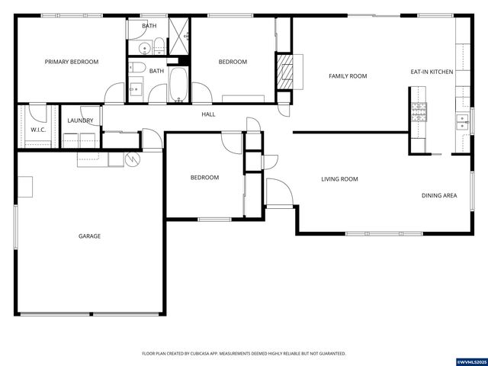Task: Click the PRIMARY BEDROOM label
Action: pyautogui.click(x=71, y=62)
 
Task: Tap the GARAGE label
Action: pyautogui.click(x=89, y=236)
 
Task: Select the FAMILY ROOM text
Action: pyautogui.click(x=348, y=76)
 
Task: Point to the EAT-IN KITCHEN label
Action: pyautogui.click(x=432, y=72)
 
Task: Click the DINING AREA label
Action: pyautogui.click(x=439, y=195)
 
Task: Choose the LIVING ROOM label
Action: pyautogui.click(x=339, y=179)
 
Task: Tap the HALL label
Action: pyautogui.click(x=208, y=114)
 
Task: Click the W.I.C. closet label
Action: pyautogui.click(x=38, y=130)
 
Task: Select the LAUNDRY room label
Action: pyautogui.click(x=80, y=120)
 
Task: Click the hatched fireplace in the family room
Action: pyautogui.click(x=285, y=72)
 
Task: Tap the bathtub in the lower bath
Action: pyautogui.click(x=178, y=85)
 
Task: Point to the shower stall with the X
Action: pyautogui.click(x=178, y=37)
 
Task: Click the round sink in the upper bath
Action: pyautogui.click(x=145, y=49)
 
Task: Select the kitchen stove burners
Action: pyautogui.click(x=419, y=112)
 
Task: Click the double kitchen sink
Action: pyautogui.click(x=462, y=122)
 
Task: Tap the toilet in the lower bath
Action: pyautogui.click(x=137, y=67)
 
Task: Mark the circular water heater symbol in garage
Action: pyautogui.click(x=133, y=159)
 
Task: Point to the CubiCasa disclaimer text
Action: pyautogui.click(x=244, y=354)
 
